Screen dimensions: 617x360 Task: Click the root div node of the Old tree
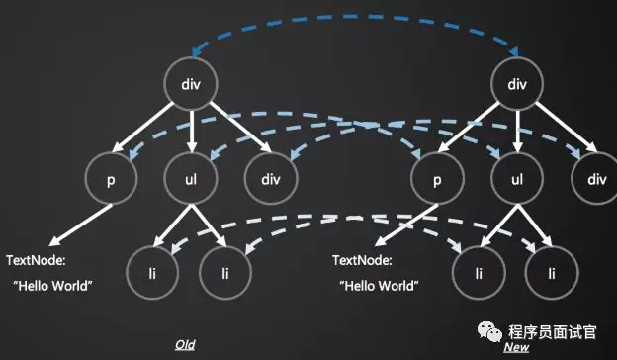pyautogui.click(x=191, y=84)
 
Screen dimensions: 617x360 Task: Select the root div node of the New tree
pyautogui.click(x=517, y=84)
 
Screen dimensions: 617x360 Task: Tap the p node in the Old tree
pyautogui.click(x=111, y=179)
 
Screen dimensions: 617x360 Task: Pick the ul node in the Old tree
pyautogui.click(x=191, y=179)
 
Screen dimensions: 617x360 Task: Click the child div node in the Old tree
pyautogui.click(x=271, y=179)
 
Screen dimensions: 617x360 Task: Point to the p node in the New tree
pyautogui.click(x=437, y=179)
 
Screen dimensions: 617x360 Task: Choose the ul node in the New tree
pyautogui.click(x=517, y=179)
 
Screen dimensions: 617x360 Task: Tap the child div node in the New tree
pyautogui.click(x=595, y=179)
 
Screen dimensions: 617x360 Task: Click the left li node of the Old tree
pyautogui.click(x=152, y=273)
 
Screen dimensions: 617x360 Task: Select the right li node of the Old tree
pyautogui.click(x=225, y=273)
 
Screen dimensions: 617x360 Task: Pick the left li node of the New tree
pyautogui.click(x=479, y=273)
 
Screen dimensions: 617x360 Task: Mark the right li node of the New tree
pyautogui.click(x=552, y=273)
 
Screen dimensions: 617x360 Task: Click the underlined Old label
pyautogui.click(x=185, y=345)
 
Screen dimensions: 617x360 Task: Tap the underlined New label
pyautogui.click(x=516, y=347)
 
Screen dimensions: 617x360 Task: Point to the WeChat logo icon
pyautogui.click(x=489, y=331)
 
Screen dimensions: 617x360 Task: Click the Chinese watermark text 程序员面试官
pyautogui.click(x=552, y=332)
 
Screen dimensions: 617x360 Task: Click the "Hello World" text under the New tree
pyautogui.click(x=379, y=286)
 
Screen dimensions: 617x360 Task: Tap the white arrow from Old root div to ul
pyautogui.click(x=191, y=132)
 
